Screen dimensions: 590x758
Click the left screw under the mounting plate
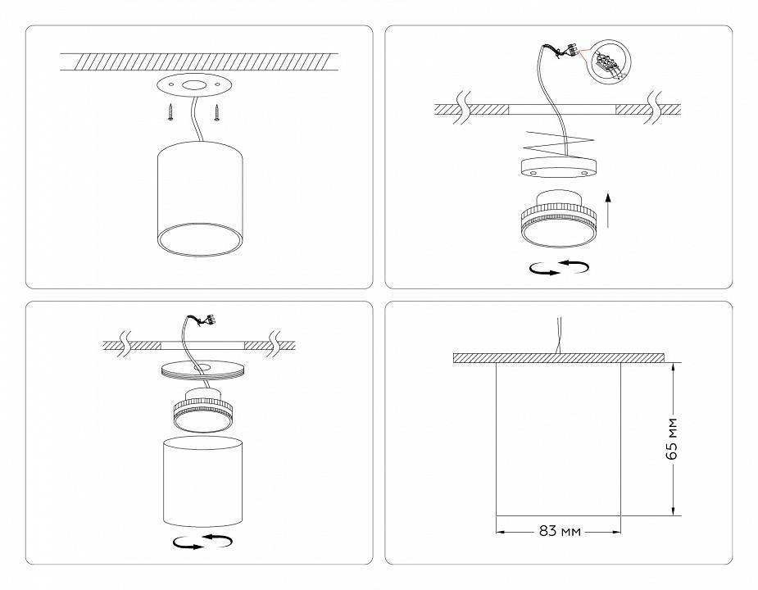(x=170, y=113)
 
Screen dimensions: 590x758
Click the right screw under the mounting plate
(x=218, y=113)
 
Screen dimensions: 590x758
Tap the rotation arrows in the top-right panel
(x=560, y=268)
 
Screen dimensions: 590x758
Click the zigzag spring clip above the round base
(x=558, y=147)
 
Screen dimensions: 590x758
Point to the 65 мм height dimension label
(x=672, y=440)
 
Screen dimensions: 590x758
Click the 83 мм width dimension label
(x=560, y=531)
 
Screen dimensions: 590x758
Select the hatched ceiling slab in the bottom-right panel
(x=558, y=358)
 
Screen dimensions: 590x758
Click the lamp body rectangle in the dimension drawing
(x=558, y=438)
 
